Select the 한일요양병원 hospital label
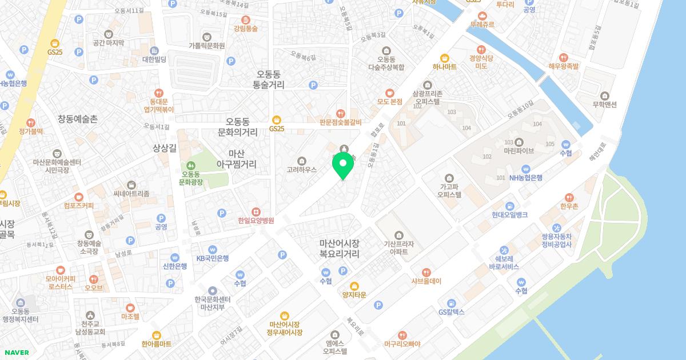coord(256,220)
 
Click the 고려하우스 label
coord(302,169)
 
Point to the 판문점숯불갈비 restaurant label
coord(341,121)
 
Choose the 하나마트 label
coord(444,66)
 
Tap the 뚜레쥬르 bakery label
coord(482,25)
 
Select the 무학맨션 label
coord(605,105)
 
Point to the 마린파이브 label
coord(519,151)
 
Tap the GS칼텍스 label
coord(451,311)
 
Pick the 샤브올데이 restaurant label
coord(426,281)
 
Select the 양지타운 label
coord(354,294)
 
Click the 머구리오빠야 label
coord(402,343)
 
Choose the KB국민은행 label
coord(212,258)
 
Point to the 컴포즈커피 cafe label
coord(79,205)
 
